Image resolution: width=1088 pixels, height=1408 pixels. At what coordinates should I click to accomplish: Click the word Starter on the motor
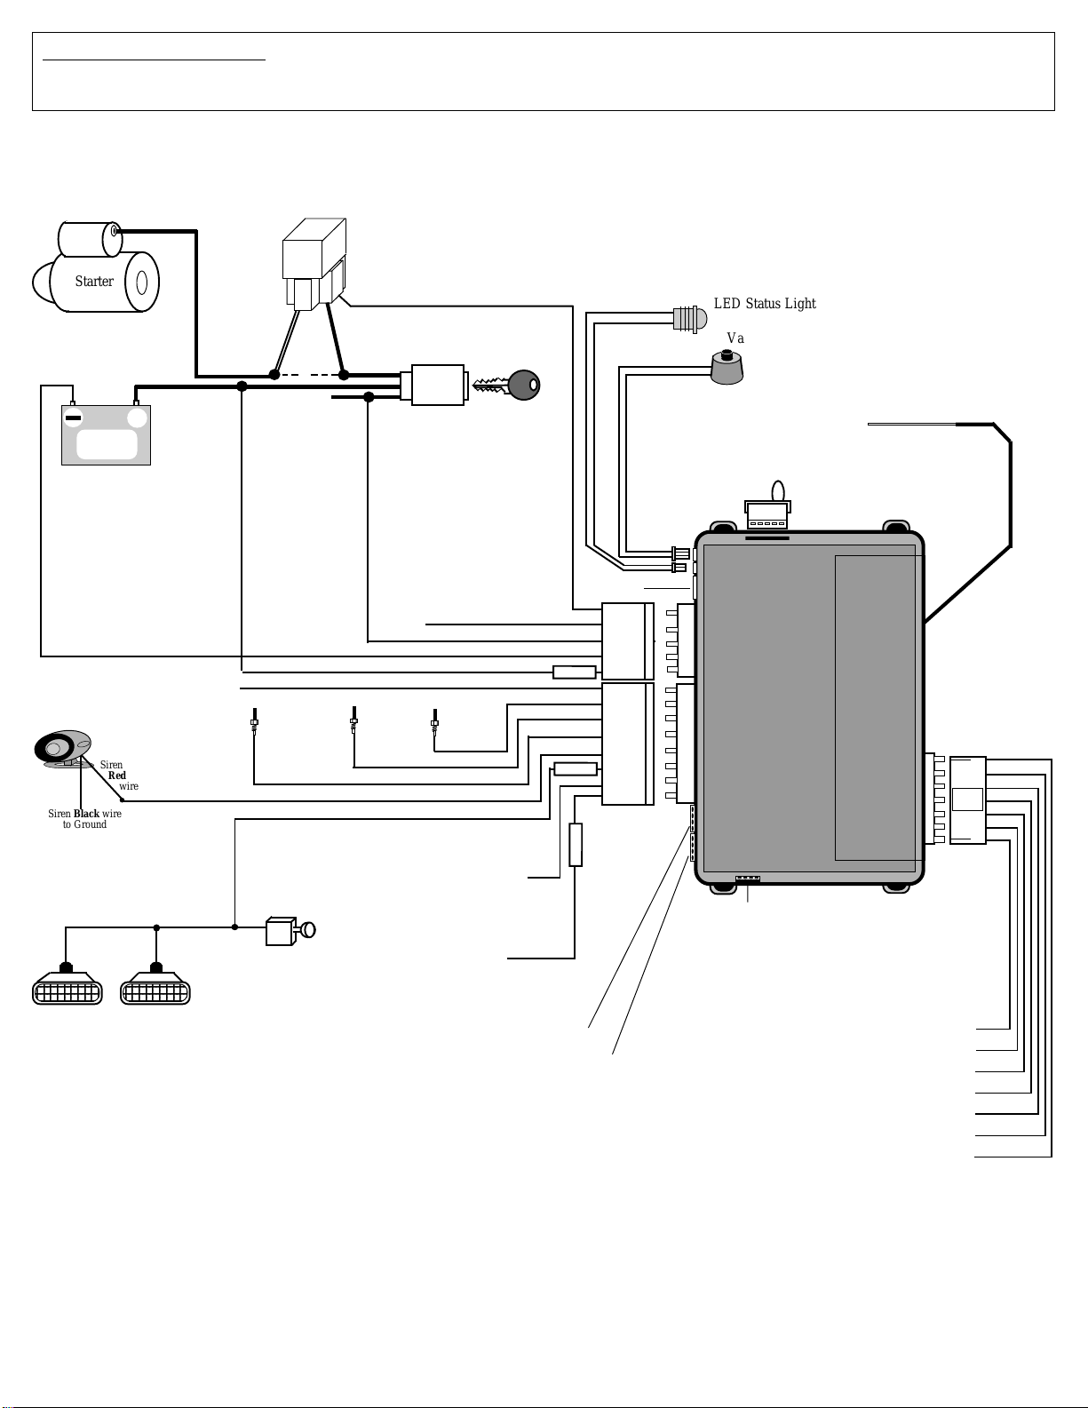94,282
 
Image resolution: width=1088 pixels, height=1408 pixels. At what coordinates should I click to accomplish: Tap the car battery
107,434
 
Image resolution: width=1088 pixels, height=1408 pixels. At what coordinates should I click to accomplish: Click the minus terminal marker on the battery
73,418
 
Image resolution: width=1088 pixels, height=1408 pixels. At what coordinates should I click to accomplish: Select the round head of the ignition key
524,385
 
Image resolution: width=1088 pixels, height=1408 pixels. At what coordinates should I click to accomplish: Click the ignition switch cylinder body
438,385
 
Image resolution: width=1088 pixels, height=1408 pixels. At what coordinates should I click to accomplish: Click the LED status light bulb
690,319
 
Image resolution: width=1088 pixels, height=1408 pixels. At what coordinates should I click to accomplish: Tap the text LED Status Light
765,303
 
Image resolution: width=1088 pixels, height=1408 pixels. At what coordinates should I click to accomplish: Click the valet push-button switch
727,368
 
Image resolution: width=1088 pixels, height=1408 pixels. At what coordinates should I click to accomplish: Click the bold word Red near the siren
117,776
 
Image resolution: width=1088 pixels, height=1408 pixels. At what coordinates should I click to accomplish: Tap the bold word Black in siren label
86,813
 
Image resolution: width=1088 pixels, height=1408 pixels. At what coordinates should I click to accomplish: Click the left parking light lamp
68,985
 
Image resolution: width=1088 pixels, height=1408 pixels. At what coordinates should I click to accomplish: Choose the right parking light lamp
155,985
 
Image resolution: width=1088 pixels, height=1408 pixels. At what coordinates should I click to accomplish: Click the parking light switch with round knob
290,931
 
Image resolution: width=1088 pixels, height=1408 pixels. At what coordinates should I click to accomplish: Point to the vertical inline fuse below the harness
576,845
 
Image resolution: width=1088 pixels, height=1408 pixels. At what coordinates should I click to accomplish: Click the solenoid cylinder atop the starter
90,239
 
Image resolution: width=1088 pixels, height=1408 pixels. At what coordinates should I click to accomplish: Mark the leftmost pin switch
255,721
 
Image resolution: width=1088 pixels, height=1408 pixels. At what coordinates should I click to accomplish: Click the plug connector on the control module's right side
967,800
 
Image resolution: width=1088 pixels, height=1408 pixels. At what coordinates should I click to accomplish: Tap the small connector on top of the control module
767,514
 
